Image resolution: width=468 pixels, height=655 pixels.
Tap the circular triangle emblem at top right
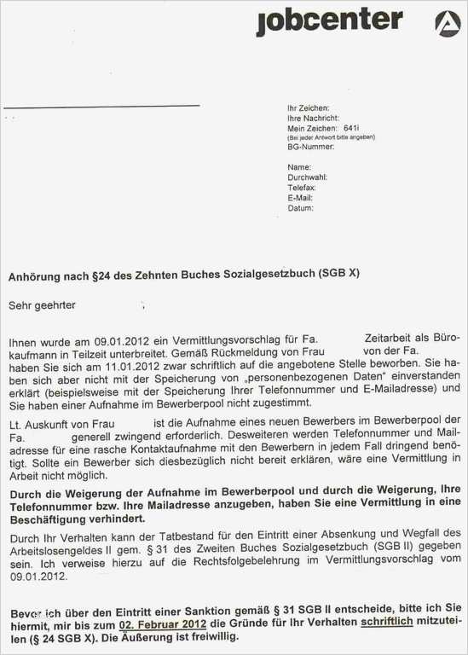pyautogui.click(x=447, y=22)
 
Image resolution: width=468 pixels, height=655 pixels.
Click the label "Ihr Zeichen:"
pyautogui.click(x=308, y=108)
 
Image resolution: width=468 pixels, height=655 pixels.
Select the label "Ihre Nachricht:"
pyautogui.click(x=313, y=118)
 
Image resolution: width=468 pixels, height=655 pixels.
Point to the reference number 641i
pyautogui.click(x=350, y=127)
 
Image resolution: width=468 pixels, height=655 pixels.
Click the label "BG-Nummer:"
pyautogui.click(x=310, y=147)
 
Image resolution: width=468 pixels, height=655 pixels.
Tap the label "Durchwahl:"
pyautogui.click(x=307, y=177)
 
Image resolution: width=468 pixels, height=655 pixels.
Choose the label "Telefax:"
pyautogui.click(x=302, y=187)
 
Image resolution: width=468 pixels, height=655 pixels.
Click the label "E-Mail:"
pyautogui.click(x=300, y=197)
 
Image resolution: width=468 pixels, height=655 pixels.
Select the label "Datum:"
pyautogui.click(x=300, y=207)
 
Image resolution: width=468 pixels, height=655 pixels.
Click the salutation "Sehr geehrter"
pyautogui.click(x=42, y=304)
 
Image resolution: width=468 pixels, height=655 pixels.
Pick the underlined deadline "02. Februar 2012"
pyautogui.click(x=162, y=623)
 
